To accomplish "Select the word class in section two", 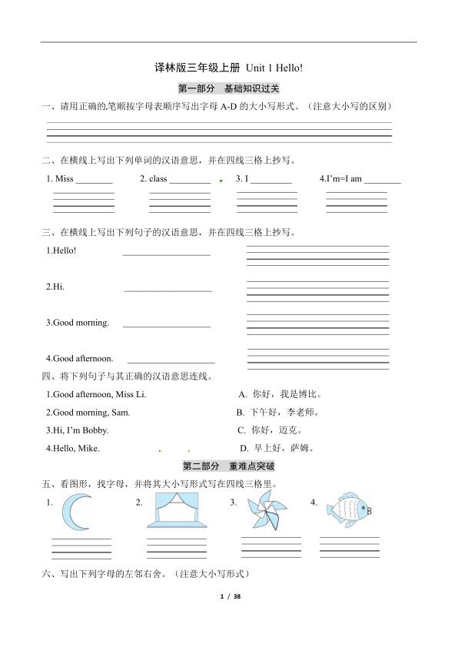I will coord(158,178).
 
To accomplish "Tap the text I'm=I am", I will coord(343,178).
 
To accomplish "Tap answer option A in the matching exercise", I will coord(280,394).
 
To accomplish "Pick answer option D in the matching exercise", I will coord(280,448).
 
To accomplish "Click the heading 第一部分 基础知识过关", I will coord(228,88).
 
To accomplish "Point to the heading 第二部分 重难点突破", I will coord(228,466).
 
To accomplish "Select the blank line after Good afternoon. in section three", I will coord(171,361).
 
